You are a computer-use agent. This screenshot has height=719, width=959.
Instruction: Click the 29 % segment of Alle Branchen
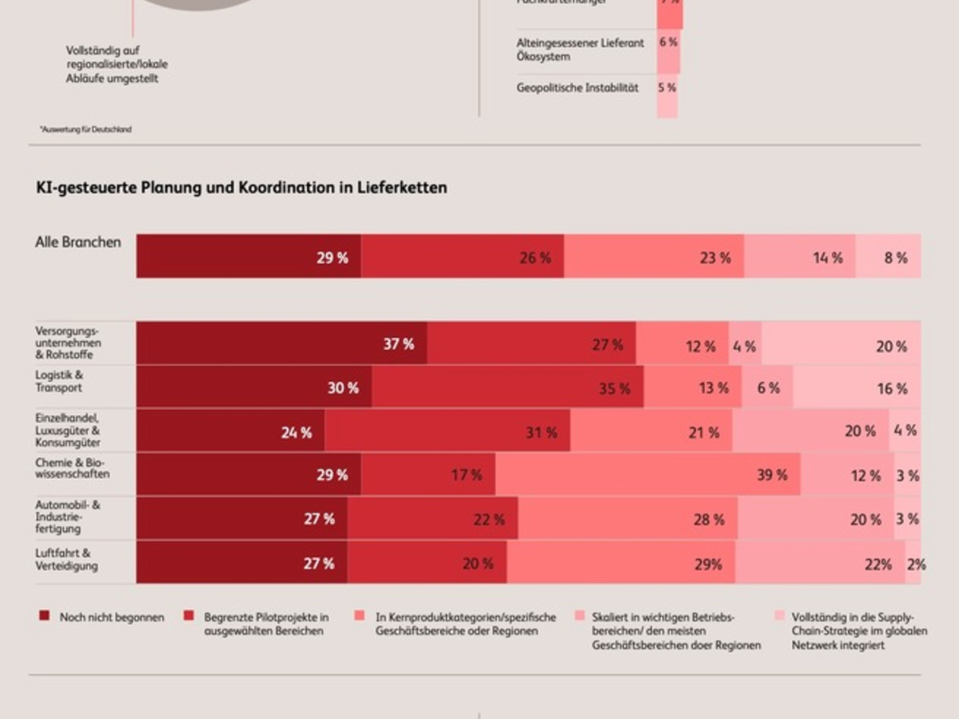click(x=249, y=256)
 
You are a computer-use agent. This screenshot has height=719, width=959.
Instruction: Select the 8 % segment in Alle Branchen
click(x=888, y=256)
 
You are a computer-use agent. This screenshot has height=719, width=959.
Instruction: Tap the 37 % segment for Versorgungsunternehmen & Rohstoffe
click(x=281, y=344)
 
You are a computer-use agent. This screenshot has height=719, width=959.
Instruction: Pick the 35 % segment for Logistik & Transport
click(x=507, y=387)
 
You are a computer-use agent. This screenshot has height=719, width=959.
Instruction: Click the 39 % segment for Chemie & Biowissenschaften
click(x=647, y=475)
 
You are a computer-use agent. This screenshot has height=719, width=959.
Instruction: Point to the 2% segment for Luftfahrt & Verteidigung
click(x=913, y=562)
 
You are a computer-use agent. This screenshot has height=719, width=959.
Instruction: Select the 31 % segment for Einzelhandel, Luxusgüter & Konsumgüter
click(x=448, y=431)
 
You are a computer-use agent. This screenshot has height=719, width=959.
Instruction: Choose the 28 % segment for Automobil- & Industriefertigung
click(x=627, y=518)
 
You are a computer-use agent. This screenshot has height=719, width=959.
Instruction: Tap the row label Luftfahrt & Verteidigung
click(x=66, y=559)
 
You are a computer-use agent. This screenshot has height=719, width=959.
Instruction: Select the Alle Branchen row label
click(x=78, y=242)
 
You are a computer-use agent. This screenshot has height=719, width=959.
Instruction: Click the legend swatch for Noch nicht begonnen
click(x=44, y=617)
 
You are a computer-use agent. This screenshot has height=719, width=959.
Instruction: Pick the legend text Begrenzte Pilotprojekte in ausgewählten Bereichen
click(x=266, y=624)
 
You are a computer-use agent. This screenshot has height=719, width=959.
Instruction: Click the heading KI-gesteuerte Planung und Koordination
click(x=241, y=188)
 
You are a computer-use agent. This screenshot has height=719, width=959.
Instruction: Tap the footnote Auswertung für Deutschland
click(x=85, y=129)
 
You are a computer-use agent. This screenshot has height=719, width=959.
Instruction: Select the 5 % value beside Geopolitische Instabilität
click(x=667, y=88)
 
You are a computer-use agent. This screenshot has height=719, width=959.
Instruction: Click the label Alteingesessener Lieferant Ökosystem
click(x=579, y=50)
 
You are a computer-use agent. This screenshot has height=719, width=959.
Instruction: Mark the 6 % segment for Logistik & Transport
click(x=767, y=387)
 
